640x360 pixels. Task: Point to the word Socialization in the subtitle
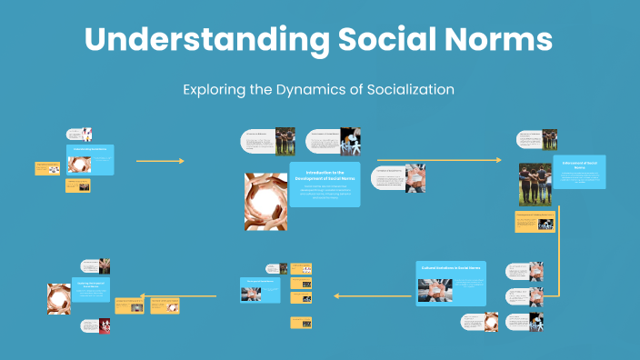tap(402, 90)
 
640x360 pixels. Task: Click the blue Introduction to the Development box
tap(325, 184)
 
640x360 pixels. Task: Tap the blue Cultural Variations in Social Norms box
tap(451, 283)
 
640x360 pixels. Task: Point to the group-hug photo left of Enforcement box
tap(535, 183)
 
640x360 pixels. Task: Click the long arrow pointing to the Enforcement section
tap(439, 161)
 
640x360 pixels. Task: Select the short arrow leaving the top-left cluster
tap(159, 161)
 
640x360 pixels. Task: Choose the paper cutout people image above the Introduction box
tap(350, 141)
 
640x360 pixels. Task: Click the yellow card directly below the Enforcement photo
tap(535, 221)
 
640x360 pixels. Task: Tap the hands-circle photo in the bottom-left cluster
tap(59, 298)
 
